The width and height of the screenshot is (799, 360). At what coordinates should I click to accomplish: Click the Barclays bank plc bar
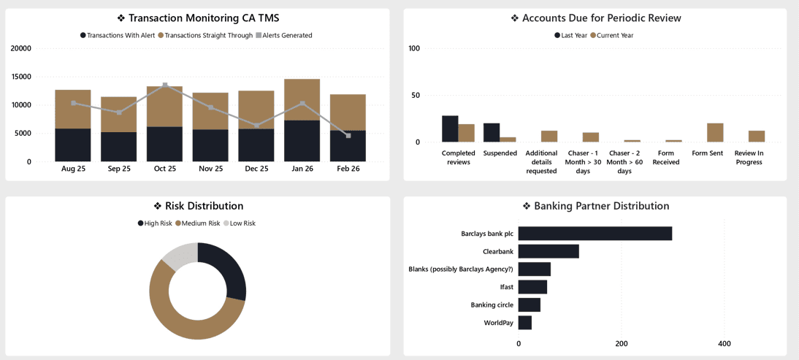(x=595, y=234)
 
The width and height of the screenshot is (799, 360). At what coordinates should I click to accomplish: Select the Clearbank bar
(x=548, y=251)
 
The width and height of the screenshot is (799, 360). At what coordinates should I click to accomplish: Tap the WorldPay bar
(x=525, y=323)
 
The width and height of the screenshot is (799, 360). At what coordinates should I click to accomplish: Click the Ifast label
(x=506, y=287)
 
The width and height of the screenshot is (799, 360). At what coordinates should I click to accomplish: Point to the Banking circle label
(x=492, y=305)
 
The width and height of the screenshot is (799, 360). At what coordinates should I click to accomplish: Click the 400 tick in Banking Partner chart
(x=725, y=343)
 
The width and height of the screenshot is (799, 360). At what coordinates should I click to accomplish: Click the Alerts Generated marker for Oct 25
(x=165, y=85)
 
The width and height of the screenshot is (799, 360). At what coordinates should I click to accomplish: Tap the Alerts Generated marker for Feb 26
(x=348, y=136)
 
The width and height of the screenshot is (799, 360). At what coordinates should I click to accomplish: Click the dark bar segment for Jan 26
(x=302, y=141)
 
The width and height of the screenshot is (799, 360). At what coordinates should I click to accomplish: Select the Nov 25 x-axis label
(x=210, y=169)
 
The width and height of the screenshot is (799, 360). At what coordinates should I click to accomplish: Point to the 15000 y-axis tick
(x=21, y=77)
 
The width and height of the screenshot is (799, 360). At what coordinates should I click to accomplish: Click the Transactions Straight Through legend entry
(x=208, y=35)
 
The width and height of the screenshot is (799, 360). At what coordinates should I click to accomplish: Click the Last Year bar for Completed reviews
(x=450, y=129)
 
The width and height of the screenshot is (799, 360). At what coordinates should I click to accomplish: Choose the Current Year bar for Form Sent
(x=715, y=133)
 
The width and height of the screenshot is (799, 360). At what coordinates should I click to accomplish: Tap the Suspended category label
(x=500, y=153)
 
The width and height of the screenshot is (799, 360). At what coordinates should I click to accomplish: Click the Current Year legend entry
(x=614, y=35)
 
